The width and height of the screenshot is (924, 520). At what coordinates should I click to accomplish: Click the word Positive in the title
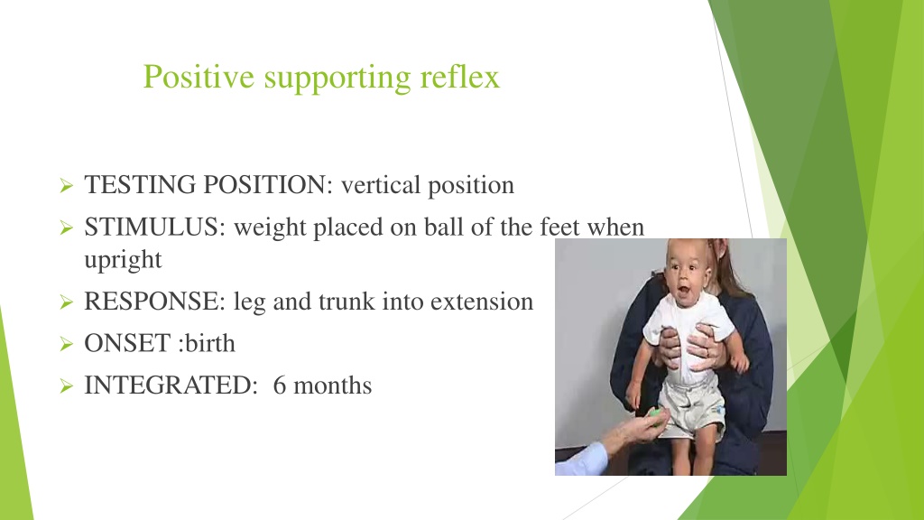point(199,77)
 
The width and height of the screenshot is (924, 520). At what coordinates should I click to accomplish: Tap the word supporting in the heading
point(337,79)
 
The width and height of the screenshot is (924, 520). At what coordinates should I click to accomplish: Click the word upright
point(123,260)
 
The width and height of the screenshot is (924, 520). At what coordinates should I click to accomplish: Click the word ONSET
point(127,343)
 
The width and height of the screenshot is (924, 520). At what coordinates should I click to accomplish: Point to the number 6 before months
point(280,385)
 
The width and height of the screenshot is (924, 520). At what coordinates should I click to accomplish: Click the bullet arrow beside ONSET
point(66,344)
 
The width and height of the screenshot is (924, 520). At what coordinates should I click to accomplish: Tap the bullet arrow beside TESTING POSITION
point(66,186)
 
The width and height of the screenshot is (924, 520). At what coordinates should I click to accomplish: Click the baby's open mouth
point(684,292)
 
